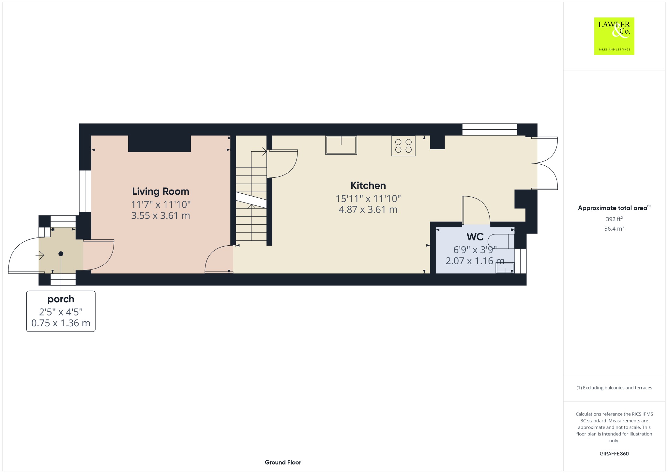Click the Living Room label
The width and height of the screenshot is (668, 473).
coord(160,191)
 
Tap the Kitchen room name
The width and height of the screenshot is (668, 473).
coord(368,186)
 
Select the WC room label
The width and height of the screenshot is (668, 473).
coord(475,236)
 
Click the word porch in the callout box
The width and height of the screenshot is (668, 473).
coord(61,299)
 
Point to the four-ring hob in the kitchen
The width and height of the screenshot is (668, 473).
coord(403,146)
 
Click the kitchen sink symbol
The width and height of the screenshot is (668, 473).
coord(341,145)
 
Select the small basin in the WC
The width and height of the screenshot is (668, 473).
coord(505,268)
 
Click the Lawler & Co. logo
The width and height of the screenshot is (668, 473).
coord(614,36)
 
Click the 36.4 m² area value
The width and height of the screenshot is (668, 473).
coord(614,228)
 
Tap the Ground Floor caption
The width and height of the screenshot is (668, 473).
coord(283,462)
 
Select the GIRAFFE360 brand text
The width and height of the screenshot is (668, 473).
coord(614,454)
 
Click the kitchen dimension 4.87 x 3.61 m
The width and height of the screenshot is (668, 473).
coord(368,209)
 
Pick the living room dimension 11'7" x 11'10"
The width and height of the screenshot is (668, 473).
coord(161,204)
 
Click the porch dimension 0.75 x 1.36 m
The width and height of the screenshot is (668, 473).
coord(61,323)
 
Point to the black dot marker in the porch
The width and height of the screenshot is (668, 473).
coord(61,254)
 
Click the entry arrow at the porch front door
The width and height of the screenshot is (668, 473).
coord(41,254)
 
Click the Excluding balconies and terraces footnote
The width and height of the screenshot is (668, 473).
coord(614,388)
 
